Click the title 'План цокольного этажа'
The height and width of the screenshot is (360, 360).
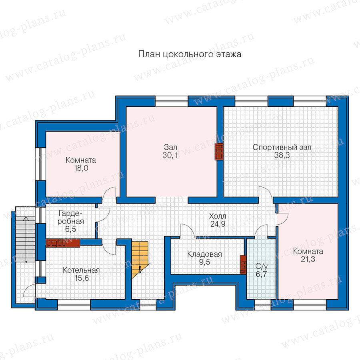pos(190,54)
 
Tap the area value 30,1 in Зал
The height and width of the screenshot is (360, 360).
pos(170,156)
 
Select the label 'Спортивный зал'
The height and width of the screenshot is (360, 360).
pos(282,147)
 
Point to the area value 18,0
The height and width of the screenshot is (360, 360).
pos(81,168)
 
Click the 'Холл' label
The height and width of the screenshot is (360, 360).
pos(218,216)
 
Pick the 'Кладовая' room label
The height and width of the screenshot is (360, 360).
pos(204,254)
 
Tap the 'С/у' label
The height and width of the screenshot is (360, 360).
pos(262,266)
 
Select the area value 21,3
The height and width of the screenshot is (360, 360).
pos(308,259)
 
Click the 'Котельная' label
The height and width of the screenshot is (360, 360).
pos(81,270)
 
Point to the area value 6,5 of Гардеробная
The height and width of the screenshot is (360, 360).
pos(71,229)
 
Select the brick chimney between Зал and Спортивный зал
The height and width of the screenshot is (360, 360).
pos(219,152)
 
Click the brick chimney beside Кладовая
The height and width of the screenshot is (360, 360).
pos(243,264)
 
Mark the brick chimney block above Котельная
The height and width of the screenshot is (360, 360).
pos(63,243)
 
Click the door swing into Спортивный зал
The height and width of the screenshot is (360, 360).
pos(266,192)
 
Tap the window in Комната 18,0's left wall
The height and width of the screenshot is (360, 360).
pos(40,164)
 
